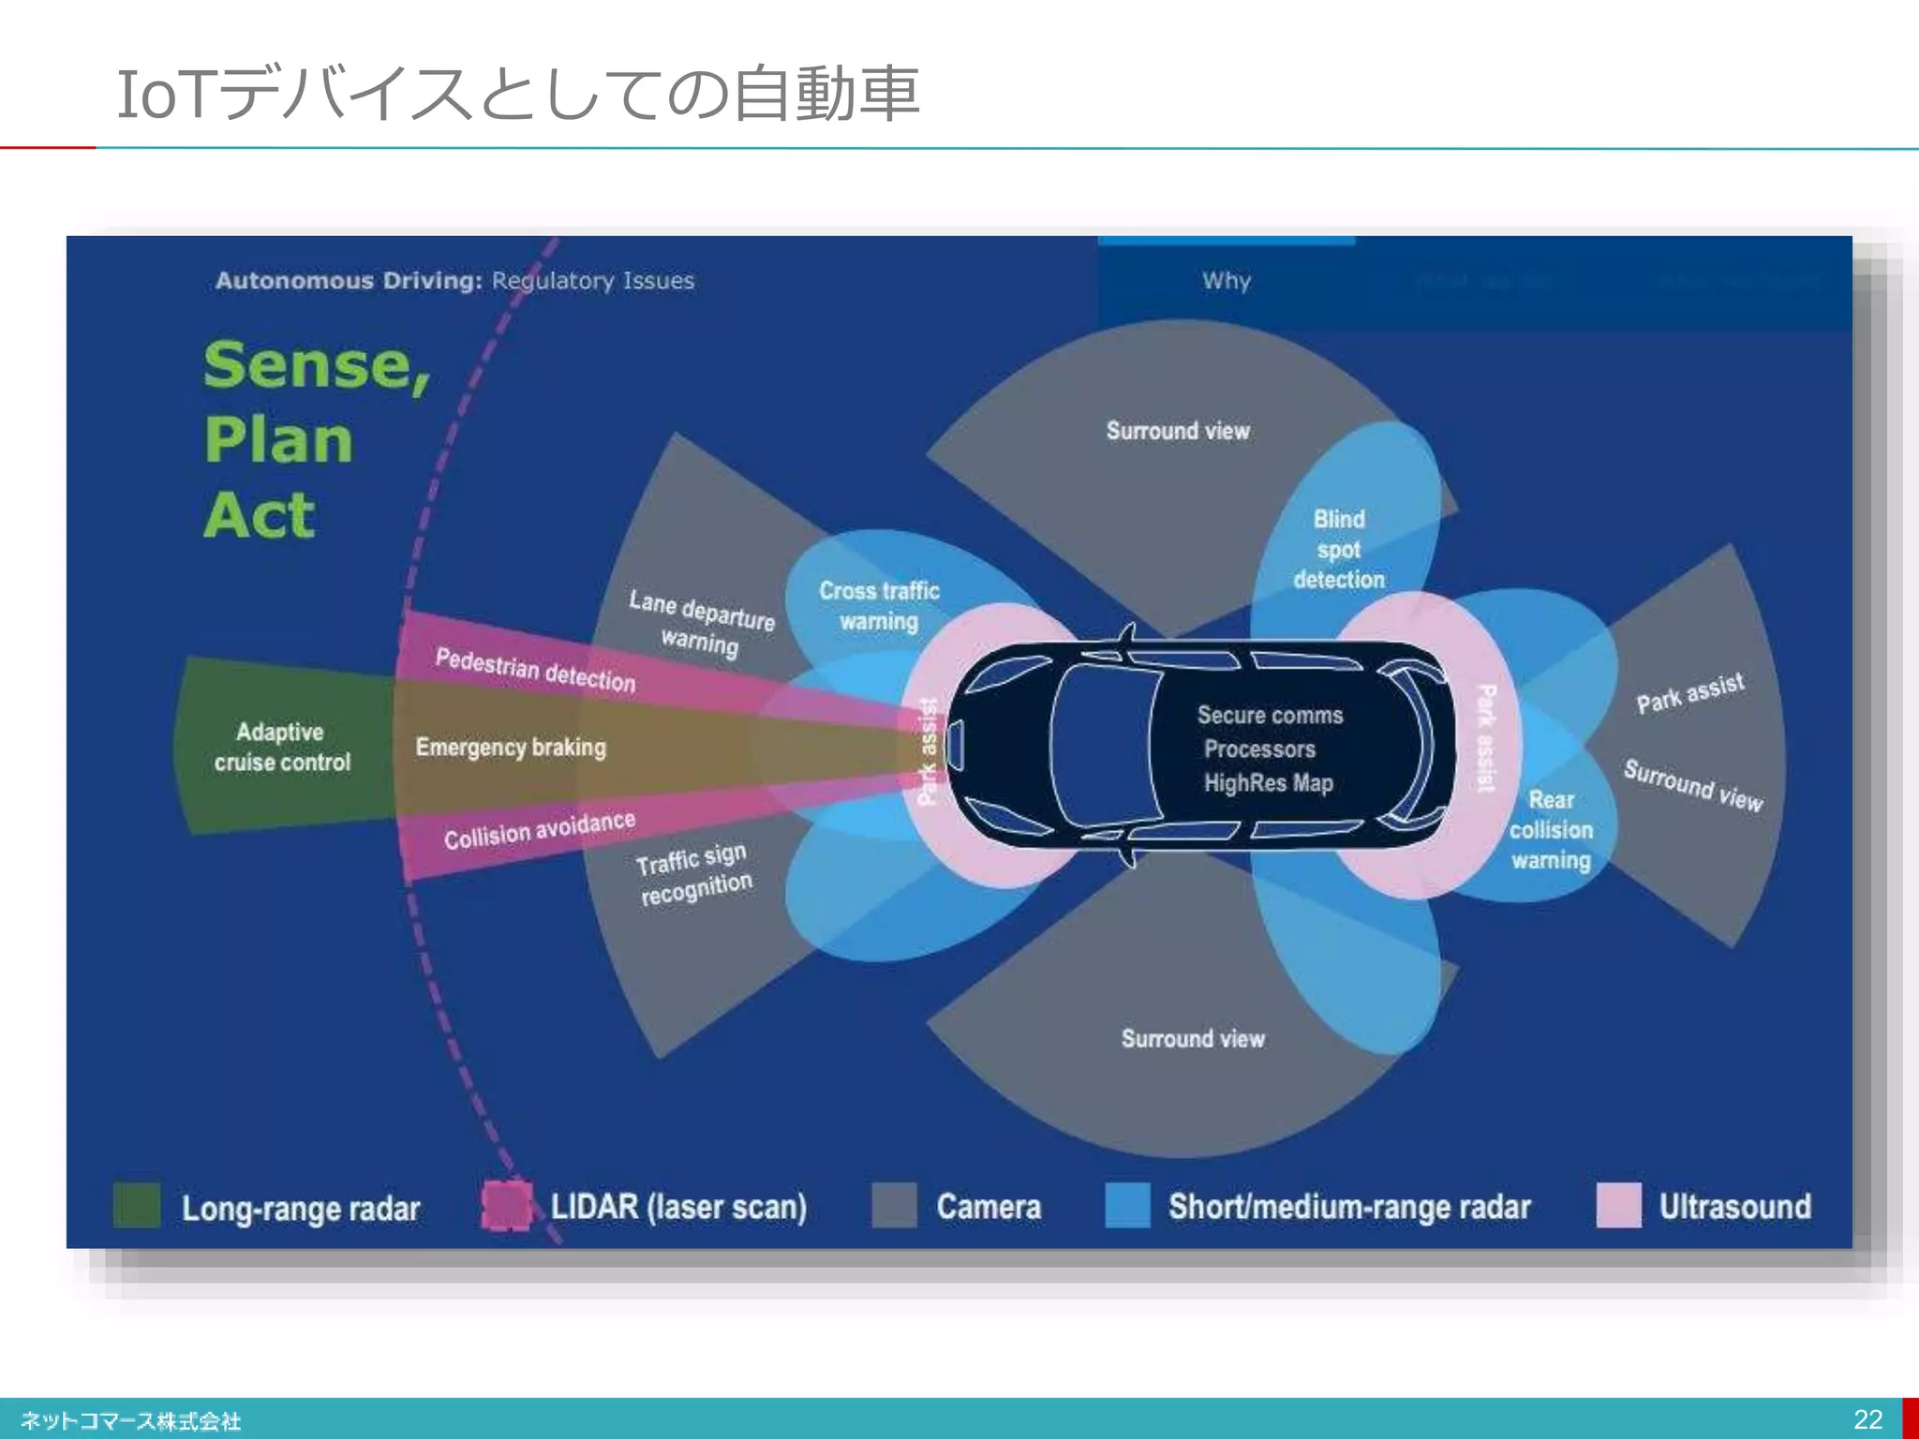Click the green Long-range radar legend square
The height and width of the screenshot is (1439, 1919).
coord(137,1205)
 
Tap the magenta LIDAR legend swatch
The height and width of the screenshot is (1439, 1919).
coord(506,1205)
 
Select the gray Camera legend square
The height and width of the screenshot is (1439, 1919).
coord(894,1205)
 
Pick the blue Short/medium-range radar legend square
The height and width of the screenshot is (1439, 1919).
coord(1127,1205)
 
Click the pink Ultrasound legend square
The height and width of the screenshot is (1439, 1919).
coord(1618,1205)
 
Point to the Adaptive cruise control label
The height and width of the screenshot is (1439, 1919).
coord(281,747)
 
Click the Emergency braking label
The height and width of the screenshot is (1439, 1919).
coord(511,747)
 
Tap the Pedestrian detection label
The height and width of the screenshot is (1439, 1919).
coord(535,670)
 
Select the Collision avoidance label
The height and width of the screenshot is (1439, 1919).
coord(539,830)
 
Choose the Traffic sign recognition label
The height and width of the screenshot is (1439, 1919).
coord(693,873)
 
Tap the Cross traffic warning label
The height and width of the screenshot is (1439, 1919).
coord(879,606)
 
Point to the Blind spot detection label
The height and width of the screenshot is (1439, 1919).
coord(1339,549)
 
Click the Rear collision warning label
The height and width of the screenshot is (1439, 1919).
coord(1551,830)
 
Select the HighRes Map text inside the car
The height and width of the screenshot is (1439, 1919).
coord(1268,783)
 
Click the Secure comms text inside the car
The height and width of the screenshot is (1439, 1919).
coord(1270,715)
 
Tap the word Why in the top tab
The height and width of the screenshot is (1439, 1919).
coord(1227,280)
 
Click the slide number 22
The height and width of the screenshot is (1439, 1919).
coord(1867,1419)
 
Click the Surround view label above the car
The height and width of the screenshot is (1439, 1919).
coord(1178,431)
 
